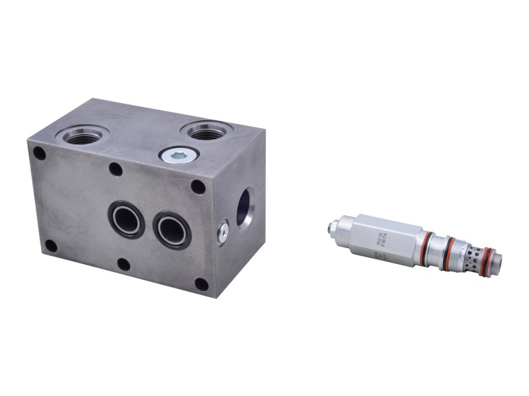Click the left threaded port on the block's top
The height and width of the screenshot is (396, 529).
coord(83,136)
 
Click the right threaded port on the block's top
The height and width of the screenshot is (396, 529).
coord(207,130)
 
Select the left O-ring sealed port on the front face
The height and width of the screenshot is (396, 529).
coord(127,218)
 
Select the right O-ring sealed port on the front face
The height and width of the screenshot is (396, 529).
coord(172,230)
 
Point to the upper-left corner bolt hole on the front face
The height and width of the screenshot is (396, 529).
coord(40,154)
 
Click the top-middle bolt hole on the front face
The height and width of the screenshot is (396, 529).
coord(116,169)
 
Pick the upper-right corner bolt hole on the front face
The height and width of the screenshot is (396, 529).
coord(198,186)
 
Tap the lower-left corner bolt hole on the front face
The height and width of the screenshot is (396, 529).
coord(50,246)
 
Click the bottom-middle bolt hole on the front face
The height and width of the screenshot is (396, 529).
coord(124,265)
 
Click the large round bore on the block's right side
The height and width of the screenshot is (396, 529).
coord(246,207)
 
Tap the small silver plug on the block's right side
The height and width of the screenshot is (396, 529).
coord(223,230)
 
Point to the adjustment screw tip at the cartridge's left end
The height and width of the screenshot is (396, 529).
coord(330,228)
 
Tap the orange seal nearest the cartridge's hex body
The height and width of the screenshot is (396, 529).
coord(427,245)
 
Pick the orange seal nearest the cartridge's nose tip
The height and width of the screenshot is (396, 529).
coord(485,259)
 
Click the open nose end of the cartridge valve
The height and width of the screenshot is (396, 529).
coord(497,263)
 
